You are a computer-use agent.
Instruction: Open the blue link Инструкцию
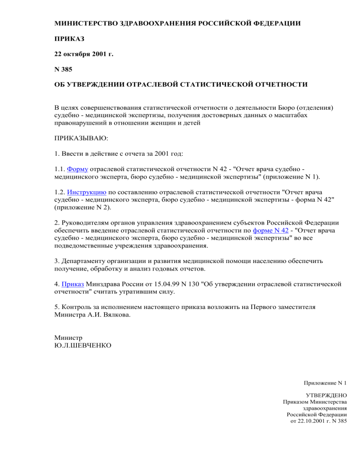[87, 192]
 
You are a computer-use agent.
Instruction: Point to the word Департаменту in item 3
[87, 260]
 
